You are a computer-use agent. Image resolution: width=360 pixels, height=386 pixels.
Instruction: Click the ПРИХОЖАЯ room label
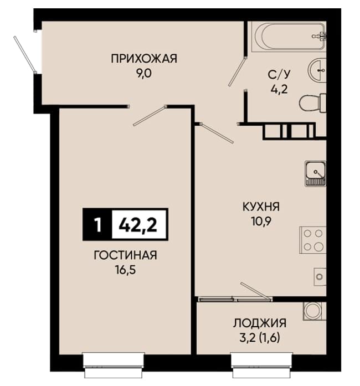click(x=144, y=59)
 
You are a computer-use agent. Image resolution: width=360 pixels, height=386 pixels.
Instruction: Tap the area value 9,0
click(x=144, y=73)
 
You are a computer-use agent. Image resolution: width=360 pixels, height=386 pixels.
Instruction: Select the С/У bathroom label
click(x=279, y=75)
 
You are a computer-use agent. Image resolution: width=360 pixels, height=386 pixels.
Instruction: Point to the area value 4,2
click(x=279, y=89)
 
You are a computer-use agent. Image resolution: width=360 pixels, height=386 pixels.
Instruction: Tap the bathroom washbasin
click(x=318, y=71)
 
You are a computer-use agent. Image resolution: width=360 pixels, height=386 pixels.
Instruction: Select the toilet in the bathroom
click(x=313, y=103)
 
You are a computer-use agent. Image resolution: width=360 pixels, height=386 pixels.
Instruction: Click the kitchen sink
click(x=316, y=173)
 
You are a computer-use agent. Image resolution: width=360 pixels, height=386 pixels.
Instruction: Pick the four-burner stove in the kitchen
click(x=313, y=240)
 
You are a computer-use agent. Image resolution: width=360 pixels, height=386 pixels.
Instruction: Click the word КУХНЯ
click(x=261, y=207)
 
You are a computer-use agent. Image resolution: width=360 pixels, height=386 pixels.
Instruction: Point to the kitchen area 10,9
click(x=261, y=222)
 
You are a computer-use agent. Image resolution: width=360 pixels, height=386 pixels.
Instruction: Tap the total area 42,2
click(x=138, y=225)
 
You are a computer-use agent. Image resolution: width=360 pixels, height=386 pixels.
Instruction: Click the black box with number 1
click(x=97, y=224)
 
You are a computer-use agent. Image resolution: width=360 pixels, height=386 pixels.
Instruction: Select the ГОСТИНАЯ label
click(x=125, y=255)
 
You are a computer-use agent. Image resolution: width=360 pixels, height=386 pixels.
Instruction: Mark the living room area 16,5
click(x=125, y=270)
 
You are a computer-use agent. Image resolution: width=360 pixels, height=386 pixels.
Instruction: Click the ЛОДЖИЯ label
click(x=260, y=323)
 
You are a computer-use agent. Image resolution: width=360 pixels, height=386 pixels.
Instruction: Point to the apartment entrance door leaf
click(x=25, y=55)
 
